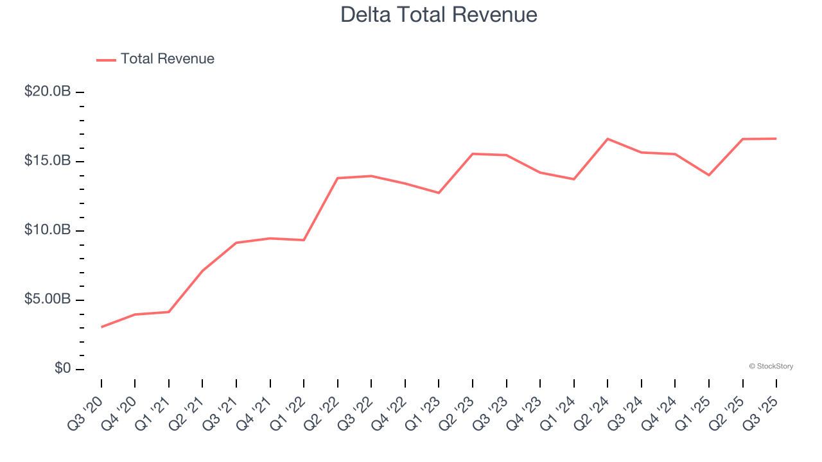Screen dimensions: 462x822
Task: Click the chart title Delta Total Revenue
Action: click(x=439, y=14)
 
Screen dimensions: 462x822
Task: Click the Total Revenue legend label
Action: click(x=167, y=59)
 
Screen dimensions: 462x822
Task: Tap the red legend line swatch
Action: click(x=106, y=60)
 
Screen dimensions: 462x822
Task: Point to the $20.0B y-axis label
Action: click(x=48, y=92)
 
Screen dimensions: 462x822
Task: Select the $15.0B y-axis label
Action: click(x=48, y=161)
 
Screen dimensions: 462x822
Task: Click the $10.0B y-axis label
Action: click(x=48, y=230)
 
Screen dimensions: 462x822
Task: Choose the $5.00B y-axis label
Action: click(x=48, y=300)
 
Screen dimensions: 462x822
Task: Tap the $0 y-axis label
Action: click(x=62, y=369)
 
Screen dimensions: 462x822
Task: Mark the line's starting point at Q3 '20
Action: click(x=101, y=327)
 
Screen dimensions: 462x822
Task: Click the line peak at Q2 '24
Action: click(x=608, y=139)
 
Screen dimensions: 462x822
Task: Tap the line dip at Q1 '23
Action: click(x=439, y=193)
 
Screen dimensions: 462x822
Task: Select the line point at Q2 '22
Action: click(x=338, y=178)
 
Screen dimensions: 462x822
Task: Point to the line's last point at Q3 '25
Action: click(x=776, y=139)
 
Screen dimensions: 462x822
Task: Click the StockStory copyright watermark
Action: click(x=771, y=366)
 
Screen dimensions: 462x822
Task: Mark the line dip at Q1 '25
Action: click(x=709, y=175)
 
